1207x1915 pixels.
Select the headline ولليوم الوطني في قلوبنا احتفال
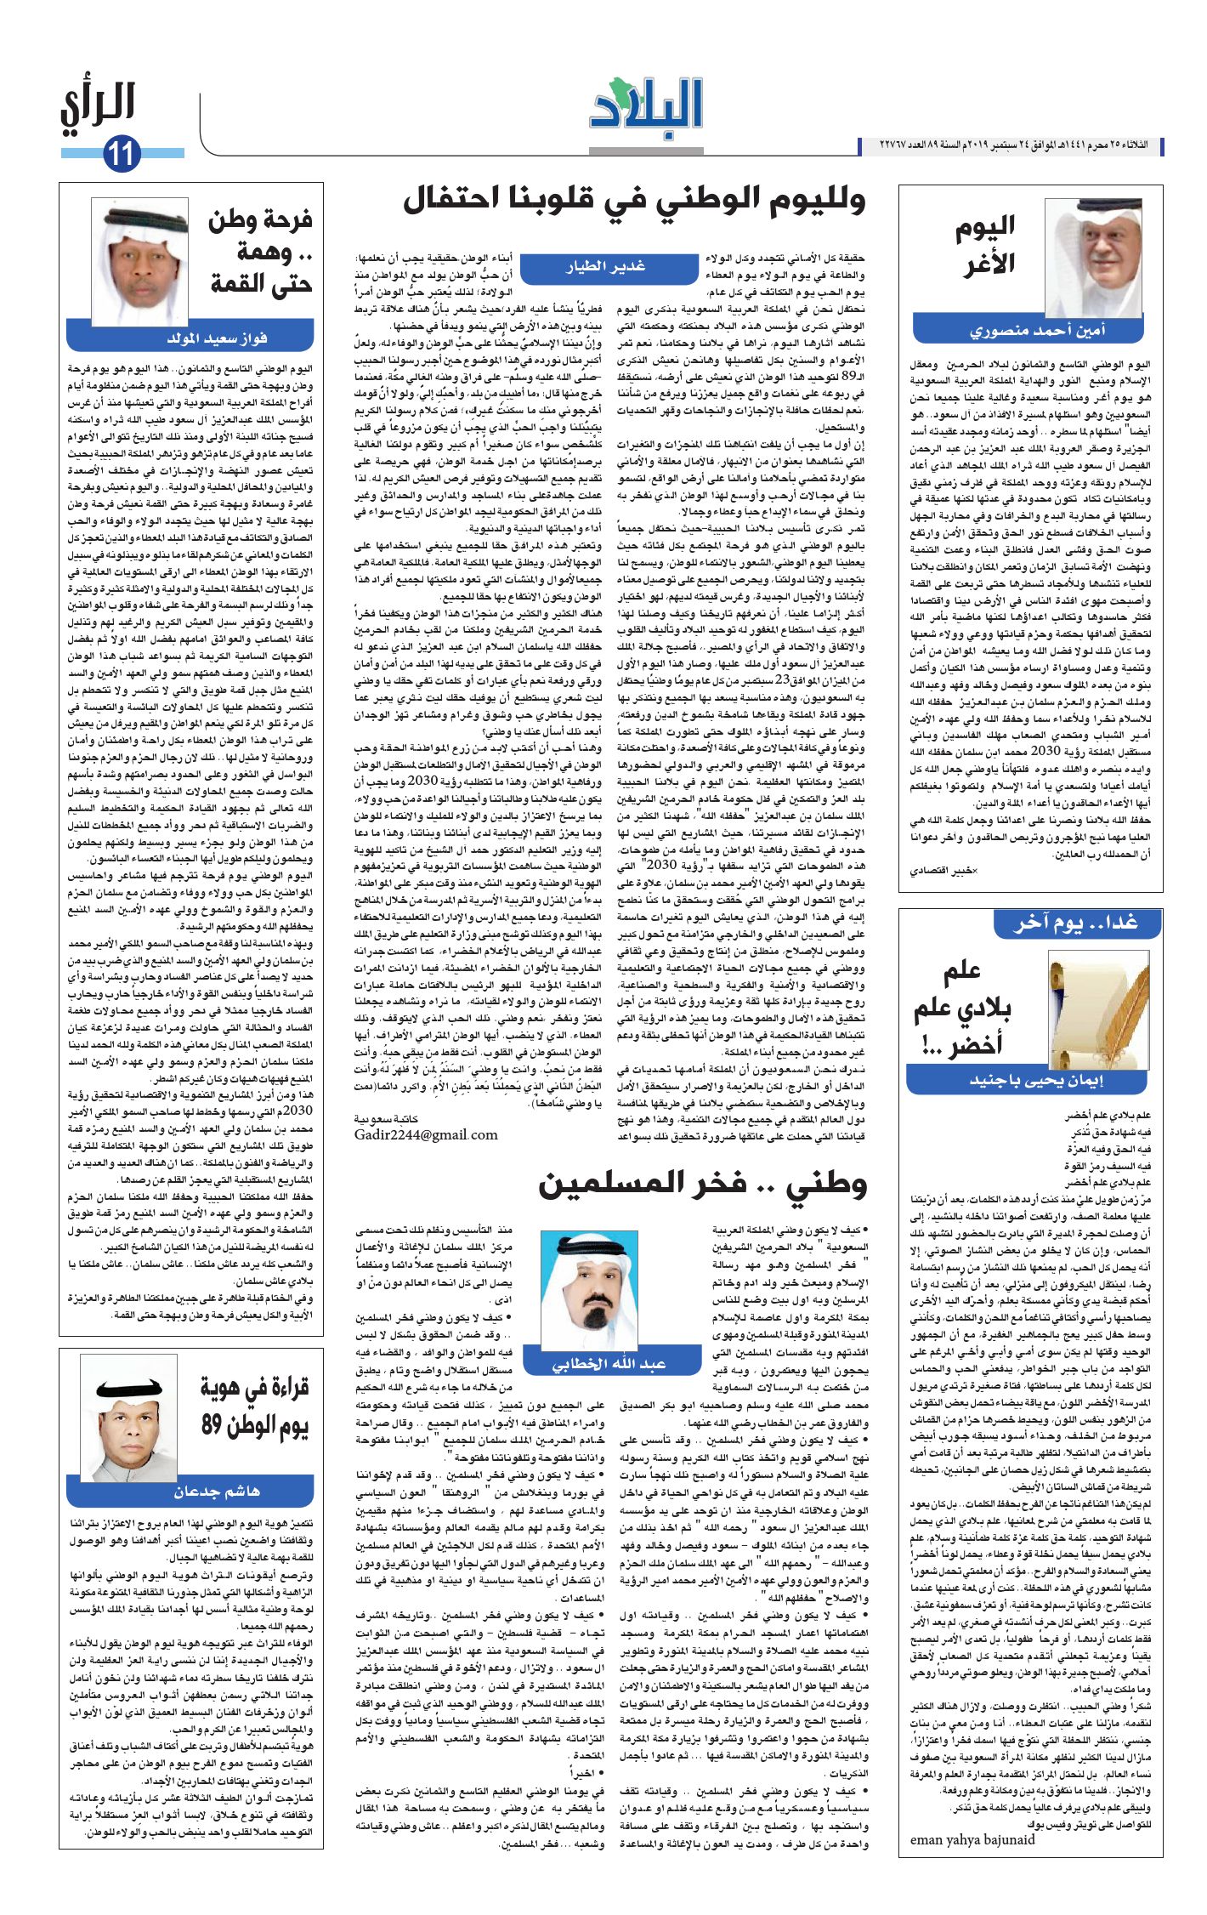(x=634, y=201)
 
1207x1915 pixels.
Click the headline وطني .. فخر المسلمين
(x=702, y=1185)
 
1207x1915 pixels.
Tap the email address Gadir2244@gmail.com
(x=426, y=1134)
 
